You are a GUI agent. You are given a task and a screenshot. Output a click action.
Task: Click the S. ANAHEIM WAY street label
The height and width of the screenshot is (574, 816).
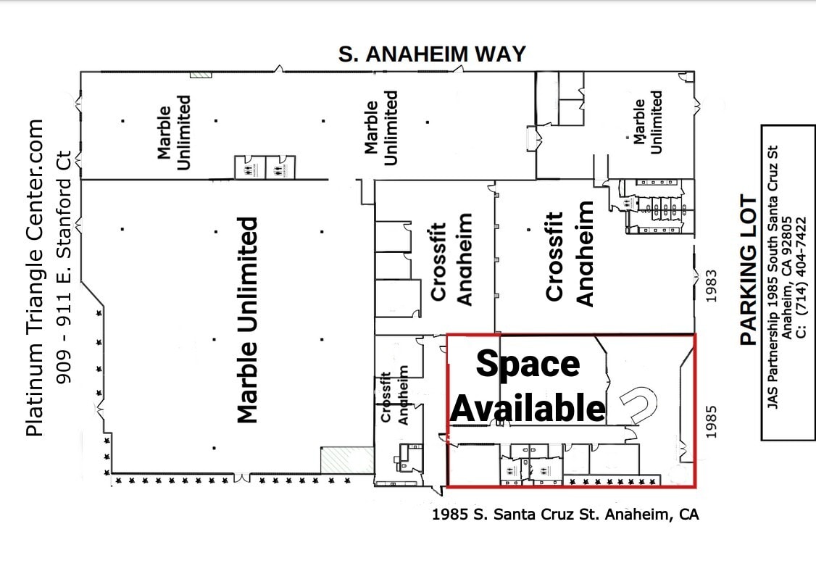click(x=432, y=54)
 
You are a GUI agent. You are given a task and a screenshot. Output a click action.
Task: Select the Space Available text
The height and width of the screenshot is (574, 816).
click(x=528, y=386)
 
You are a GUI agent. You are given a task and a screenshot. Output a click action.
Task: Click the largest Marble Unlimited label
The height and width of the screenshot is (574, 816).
click(x=248, y=320)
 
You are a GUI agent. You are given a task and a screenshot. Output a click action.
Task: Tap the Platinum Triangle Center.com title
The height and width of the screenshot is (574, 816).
click(x=36, y=278)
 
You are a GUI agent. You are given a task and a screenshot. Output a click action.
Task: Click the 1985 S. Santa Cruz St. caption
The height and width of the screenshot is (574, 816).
click(x=565, y=515)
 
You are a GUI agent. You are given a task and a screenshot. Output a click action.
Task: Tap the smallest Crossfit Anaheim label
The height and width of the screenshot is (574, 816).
click(x=396, y=398)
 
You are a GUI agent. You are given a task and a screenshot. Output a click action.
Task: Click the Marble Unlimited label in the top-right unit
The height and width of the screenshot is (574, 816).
click(x=647, y=122)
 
